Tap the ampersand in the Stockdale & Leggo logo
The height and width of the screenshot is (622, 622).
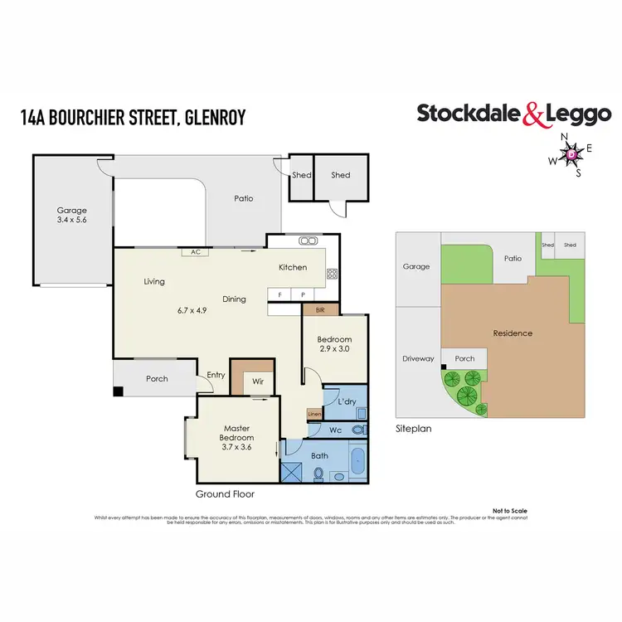[x=532, y=114]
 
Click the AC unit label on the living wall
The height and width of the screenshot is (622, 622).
[x=196, y=252]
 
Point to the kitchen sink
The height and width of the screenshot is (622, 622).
[x=309, y=241]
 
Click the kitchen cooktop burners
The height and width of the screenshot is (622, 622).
[x=332, y=273]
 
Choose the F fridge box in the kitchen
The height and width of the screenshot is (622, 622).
[x=280, y=294]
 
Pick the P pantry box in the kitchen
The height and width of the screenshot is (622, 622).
[x=303, y=294]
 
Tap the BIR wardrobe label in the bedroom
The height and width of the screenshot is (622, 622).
[x=320, y=309]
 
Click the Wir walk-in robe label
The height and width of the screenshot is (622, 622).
[x=258, y=382]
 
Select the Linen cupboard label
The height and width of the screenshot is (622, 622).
[x=313, y=414]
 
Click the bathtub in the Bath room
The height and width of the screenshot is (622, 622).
[x=357, y=460]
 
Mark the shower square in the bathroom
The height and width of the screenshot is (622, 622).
[x=294, y=471]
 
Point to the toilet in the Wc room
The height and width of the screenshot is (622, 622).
[x=357, y=430]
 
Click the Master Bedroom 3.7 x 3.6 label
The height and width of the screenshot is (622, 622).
[x=236, y=438]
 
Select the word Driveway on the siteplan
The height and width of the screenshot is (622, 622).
[x=418, y=359]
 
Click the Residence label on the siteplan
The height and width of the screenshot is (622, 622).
[x=513, y=333]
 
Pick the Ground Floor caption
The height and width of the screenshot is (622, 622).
[x=225, y=493]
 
